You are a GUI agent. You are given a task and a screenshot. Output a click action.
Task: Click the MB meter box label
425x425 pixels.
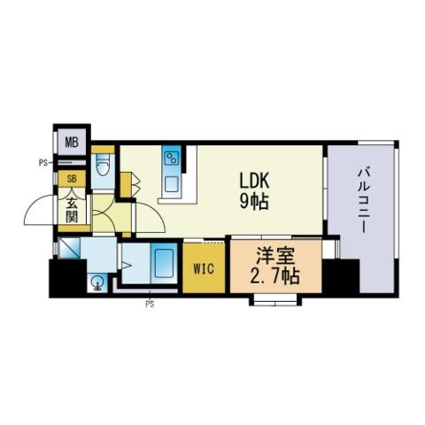72,143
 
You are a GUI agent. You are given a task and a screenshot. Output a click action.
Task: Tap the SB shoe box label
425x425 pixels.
72,179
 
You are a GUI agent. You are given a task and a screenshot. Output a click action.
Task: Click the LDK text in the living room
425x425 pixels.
254,181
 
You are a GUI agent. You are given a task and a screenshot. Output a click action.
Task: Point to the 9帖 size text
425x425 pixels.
254,202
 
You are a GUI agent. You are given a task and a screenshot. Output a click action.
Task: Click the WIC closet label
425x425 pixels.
204,269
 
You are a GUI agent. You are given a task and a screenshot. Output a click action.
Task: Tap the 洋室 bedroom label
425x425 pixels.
275,255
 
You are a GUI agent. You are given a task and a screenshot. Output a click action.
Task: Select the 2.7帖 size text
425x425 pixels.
274,276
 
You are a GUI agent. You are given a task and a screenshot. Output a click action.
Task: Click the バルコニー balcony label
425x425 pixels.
362,201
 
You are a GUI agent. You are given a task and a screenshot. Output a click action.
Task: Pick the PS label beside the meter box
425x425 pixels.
43,163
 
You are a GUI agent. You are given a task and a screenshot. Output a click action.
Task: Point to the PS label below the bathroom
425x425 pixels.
150,305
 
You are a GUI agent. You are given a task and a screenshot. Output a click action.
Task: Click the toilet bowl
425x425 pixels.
103,166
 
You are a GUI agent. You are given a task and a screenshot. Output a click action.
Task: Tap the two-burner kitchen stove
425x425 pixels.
173,158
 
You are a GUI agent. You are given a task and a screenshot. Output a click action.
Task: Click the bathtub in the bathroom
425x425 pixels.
165,263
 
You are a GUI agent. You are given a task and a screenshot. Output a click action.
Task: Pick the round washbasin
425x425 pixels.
97,283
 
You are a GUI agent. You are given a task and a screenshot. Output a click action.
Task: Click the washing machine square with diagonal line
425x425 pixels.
69,247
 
